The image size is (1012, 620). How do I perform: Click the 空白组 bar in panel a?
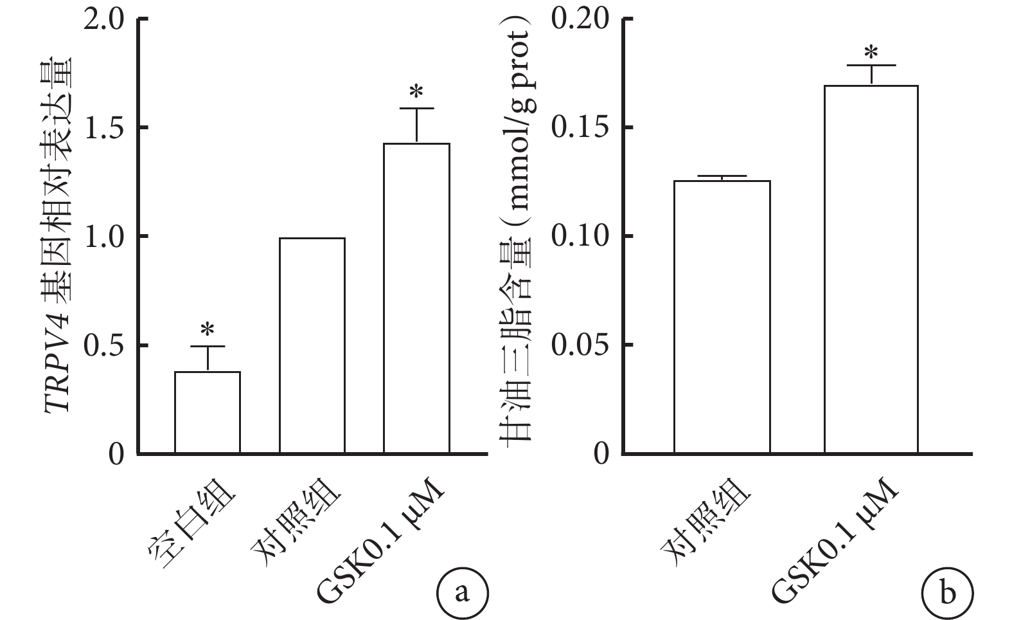click(x=208, y=412)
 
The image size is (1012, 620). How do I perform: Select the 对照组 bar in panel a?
click(x=312, y=345)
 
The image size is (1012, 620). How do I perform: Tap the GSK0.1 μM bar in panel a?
click(x=416, y=298)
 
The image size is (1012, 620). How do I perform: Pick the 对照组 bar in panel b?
click(x=722, y=317)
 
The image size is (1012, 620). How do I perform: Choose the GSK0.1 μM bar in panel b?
click(x=871, y=269)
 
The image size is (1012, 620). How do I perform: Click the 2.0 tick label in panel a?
click(x=104, y=19)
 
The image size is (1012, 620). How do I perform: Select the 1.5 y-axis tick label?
click(x=104, y=128)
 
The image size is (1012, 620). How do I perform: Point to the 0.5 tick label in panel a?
click(x=104, y=345)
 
